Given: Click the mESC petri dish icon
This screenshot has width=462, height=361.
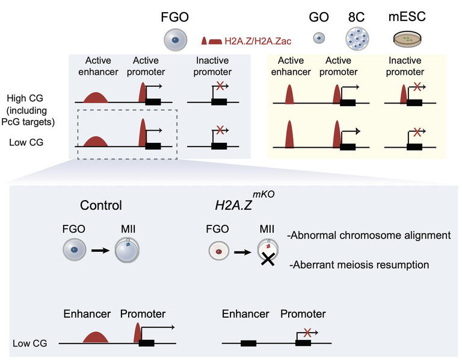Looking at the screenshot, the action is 407,39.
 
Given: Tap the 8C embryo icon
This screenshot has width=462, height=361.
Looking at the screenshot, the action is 357,39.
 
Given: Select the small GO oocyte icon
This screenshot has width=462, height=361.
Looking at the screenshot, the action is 319,38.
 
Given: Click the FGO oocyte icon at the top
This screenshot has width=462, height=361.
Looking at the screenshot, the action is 175,40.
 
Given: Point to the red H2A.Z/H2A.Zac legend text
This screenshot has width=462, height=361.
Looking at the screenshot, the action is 258,41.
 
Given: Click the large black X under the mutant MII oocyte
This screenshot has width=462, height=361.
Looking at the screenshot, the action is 268,260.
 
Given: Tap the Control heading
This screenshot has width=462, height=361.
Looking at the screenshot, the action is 101,205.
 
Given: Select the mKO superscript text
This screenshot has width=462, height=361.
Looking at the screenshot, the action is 263,194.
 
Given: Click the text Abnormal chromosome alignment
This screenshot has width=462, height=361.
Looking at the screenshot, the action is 369,235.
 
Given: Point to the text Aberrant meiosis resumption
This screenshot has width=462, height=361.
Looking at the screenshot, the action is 359,265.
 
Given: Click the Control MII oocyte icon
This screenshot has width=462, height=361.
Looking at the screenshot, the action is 127,250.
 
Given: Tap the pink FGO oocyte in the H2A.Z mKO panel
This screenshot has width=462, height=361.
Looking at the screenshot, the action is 218,251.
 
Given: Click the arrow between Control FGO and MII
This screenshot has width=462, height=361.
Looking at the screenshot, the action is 100,251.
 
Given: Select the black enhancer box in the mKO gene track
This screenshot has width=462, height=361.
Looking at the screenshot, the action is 248,344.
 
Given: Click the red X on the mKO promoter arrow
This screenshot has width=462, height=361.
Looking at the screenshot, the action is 307,333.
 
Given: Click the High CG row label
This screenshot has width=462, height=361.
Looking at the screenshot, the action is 25,98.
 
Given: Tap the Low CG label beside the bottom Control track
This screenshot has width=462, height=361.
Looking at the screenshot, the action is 29,344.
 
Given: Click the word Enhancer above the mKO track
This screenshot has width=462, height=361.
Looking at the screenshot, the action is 245,314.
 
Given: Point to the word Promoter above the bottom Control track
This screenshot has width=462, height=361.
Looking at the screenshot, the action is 143,314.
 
